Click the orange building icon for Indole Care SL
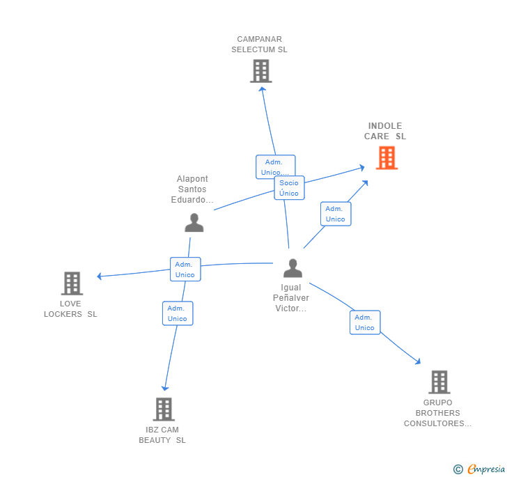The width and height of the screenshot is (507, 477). click(x=387, y=158)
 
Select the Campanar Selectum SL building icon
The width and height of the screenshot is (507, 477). click(x=260, y=71)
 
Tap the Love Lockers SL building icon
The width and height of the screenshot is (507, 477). click(x=72, y=283)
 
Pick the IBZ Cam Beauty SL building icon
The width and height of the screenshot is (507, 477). click(x=164, y=409)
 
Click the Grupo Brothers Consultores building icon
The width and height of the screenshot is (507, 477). click(x=439, y=382)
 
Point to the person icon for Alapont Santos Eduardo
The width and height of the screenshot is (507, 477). click(x=194, y=223)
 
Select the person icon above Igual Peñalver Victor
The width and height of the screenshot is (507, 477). click(x=292, y=268)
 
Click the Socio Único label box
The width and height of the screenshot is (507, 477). click(x=289, y=188)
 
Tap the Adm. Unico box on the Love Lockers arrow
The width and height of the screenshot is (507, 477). click(x=185, y=269)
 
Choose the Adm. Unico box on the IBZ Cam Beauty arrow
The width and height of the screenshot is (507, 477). click(x=178, y=313)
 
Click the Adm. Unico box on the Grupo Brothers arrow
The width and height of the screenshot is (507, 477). click(x=365, y=322)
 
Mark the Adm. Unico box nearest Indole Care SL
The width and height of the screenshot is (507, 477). click(x=335, y=214)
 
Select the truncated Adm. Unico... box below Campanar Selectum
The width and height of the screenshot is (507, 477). click(x=275, y=166)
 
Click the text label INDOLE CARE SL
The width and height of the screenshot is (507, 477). click(x=385, y=131)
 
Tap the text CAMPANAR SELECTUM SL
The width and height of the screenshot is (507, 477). click(x=259, y=45)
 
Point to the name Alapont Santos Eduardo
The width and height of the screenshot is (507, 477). click(x=192, y=189)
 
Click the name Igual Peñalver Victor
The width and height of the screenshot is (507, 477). click(x=291, y=298)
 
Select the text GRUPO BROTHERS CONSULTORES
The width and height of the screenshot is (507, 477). click(x=437, y=413)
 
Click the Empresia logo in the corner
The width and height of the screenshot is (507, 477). click(x=480, y=469)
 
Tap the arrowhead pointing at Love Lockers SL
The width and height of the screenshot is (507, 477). click(x=100, y=276)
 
